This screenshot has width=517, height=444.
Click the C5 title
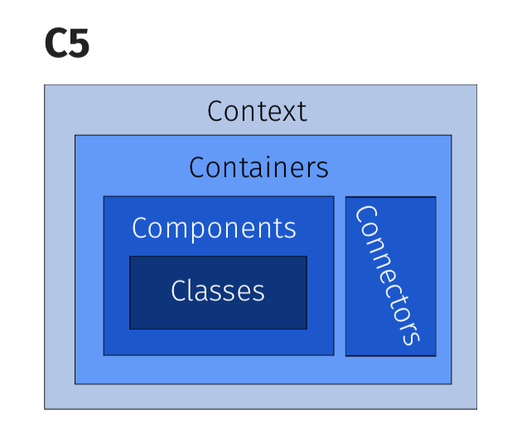pos(66,45)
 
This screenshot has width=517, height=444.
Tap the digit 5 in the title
pos(79,45)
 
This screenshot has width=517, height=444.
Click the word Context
pos(257,111)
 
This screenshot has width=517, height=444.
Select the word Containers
pos(258,167)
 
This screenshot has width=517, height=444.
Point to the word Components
pos(214,228)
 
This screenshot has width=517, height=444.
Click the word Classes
pos(218,291)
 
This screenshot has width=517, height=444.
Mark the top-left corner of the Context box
pos(45,85)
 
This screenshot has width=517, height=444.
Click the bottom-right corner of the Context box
pos(476,408)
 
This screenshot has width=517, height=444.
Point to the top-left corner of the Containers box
pos(75,135)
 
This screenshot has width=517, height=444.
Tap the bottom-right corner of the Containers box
pos(452,384)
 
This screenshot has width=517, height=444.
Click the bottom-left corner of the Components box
pos(104,355)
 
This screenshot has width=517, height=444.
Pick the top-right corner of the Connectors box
pos(435,197)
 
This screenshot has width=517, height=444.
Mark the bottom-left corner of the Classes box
pos(130,329)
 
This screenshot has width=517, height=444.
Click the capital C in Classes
pos(178,291)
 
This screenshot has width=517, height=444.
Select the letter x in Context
pos(292,112)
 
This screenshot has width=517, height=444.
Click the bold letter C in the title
pos(56,45)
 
